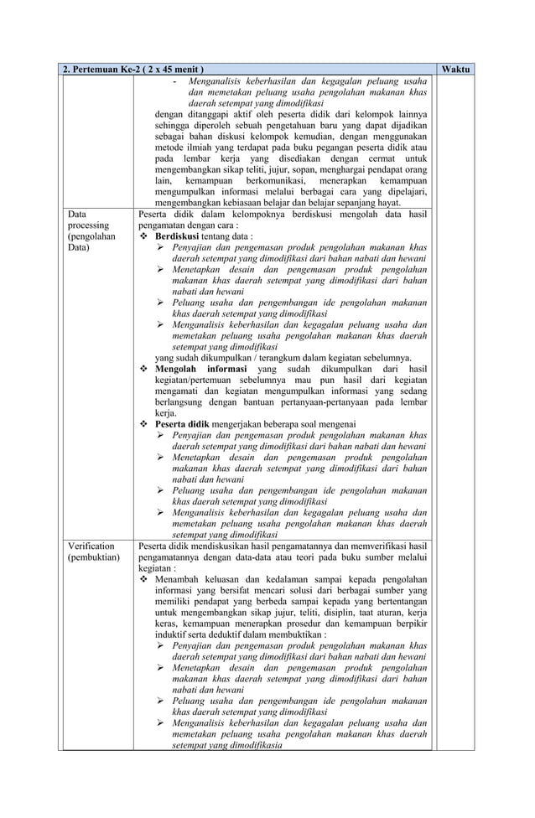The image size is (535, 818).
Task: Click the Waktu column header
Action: (x=456, y=68)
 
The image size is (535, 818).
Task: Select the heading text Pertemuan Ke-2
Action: (x=108, y=68)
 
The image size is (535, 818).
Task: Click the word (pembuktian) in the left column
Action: (x=93, y=557)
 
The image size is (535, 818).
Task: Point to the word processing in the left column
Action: (x=89, y=225)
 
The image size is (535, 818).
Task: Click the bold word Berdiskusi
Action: (x=181, y=236)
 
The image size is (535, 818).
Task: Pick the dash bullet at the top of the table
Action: (x=174, y=80)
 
